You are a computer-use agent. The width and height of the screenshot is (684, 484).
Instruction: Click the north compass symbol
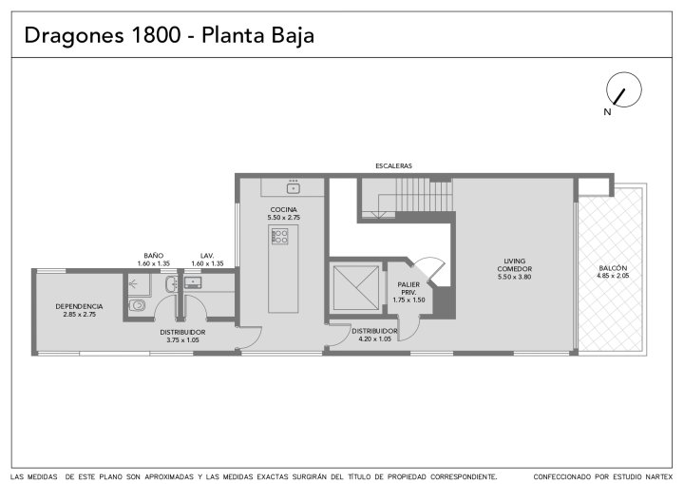coord(624,89)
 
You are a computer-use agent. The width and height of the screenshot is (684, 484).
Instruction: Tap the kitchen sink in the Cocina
coord(294,188)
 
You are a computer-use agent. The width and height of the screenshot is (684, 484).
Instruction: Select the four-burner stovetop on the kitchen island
coord(279,237)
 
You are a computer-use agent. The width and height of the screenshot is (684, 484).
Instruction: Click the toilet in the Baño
coord(137,305)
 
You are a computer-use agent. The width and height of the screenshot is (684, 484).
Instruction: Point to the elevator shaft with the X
coord(356,288)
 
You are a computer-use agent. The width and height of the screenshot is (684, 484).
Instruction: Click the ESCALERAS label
coord(393,166)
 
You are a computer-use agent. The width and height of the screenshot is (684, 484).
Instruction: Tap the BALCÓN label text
coord(613,268)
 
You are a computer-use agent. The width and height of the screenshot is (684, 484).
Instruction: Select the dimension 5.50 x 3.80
coord(514,277)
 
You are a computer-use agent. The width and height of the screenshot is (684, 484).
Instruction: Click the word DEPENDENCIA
coord(79,306)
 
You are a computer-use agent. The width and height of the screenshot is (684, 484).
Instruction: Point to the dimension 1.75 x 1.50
coord(408,300)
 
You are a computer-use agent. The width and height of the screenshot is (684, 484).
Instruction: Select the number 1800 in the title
coord(155,34)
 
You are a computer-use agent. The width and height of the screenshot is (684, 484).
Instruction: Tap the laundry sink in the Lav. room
coord(192,282)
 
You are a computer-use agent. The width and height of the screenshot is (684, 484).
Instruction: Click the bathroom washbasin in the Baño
coord(171,284)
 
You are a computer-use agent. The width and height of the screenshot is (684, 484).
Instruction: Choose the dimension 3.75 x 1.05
coord(182,339)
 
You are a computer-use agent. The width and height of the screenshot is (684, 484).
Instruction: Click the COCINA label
coord(283,210)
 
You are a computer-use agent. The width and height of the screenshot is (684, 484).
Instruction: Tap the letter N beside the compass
coord(607,112)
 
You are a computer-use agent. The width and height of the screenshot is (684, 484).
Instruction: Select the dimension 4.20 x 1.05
coord(374,339)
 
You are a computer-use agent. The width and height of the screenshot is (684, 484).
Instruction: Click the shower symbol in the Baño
coord(134,284)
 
